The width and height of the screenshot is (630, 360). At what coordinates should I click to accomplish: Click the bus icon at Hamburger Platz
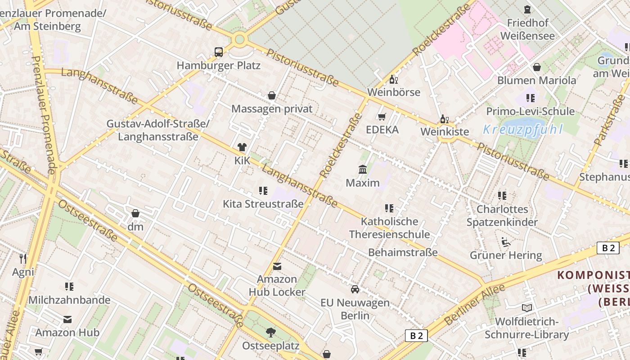(219, 52)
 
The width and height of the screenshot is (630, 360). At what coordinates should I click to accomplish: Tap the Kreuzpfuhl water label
(522, 130)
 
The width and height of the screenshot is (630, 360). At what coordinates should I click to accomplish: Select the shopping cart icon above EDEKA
(382, 117)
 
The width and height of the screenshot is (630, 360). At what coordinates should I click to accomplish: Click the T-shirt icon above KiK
(242, 147)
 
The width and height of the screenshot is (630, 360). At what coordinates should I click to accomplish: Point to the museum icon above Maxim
(362, 170)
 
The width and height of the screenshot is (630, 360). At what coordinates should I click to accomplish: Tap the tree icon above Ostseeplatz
(270, 333)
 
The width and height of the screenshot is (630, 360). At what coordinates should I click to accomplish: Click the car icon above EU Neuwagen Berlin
(355, 289)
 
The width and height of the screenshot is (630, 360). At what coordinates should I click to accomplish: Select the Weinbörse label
(393, 92)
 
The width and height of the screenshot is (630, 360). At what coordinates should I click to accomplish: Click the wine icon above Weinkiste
(444, 119)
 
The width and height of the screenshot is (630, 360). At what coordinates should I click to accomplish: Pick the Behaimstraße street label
(403, 252)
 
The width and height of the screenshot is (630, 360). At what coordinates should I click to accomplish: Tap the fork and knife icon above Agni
(23, 258)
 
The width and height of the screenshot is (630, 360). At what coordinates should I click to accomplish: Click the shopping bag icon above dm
(135, 213)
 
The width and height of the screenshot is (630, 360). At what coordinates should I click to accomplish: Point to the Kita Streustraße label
(263, 204)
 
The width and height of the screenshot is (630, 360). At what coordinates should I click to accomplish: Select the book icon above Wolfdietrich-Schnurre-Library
(526, 308)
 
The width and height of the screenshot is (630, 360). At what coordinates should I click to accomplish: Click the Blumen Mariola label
(536, 81)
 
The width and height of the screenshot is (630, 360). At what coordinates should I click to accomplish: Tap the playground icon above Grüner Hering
(506, 242)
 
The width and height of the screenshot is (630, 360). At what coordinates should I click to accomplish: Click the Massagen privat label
(272, 109)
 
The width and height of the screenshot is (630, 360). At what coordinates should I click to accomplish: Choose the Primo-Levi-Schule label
(530, 111)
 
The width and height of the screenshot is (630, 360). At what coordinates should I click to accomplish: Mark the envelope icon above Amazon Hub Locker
(277, 266)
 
